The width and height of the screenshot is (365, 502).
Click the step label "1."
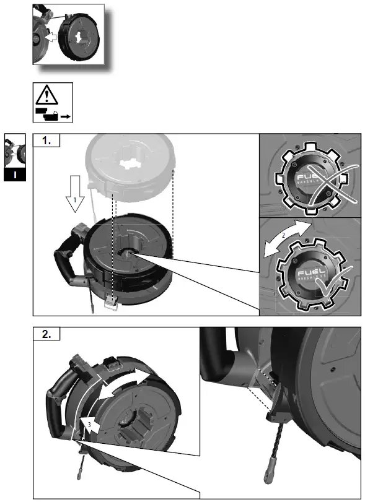(46, 141)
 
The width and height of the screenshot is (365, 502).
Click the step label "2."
(46, 335)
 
